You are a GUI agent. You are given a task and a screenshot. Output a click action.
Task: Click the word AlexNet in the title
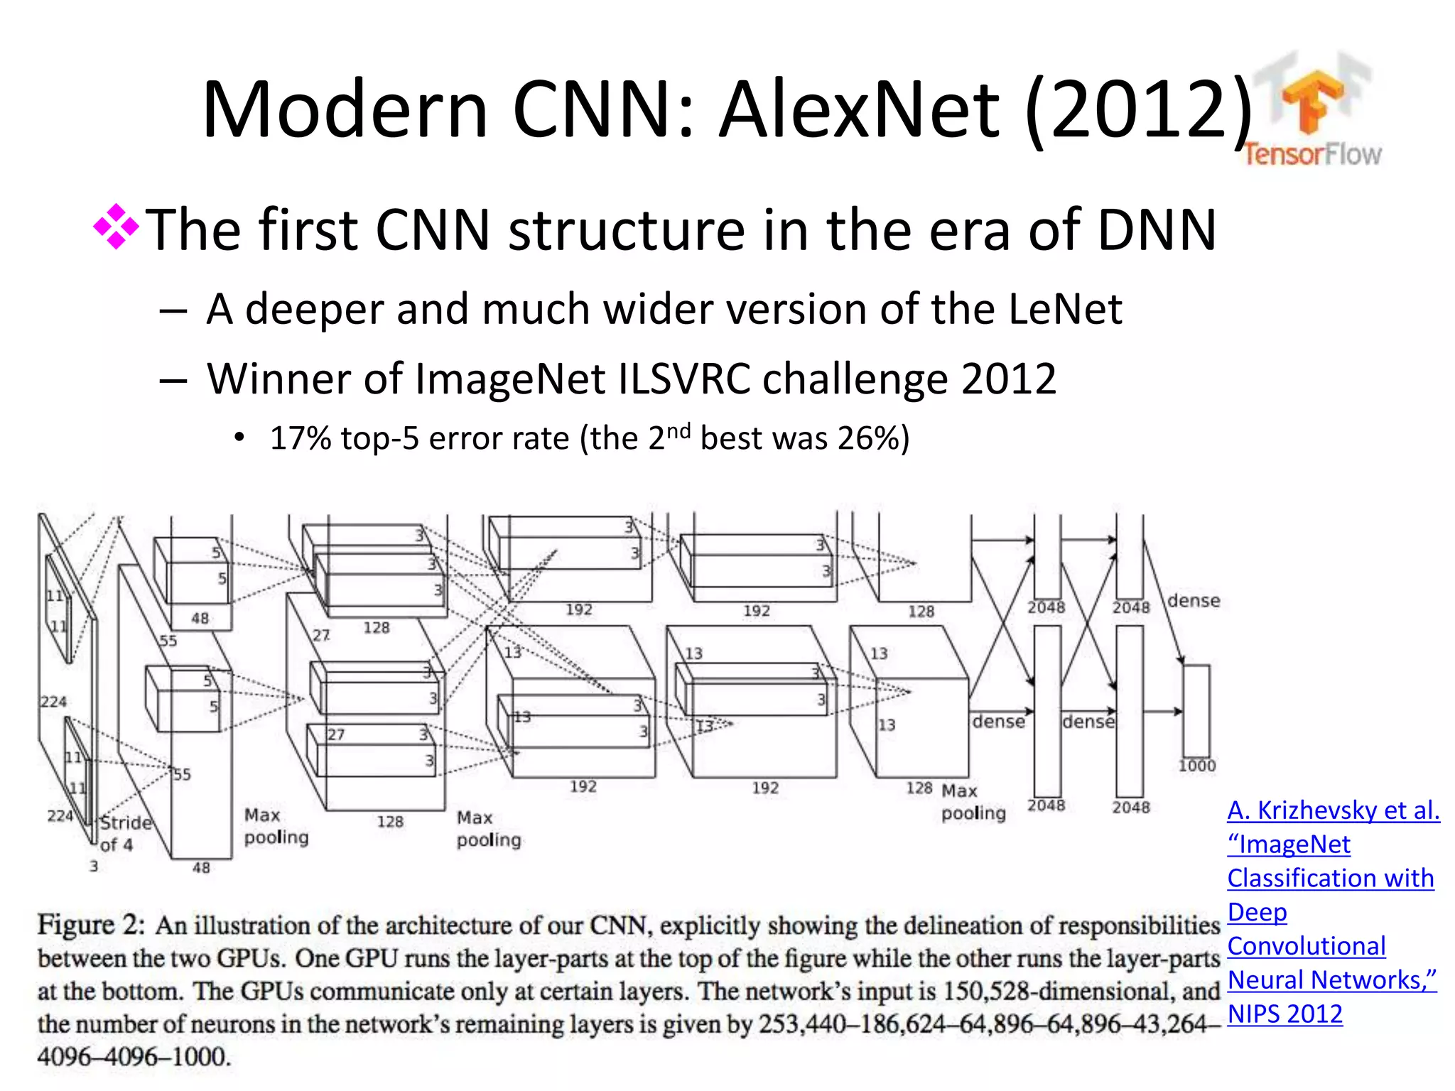click(x=860, y=110)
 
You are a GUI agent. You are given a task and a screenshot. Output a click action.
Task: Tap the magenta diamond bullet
click(x=116, y=227)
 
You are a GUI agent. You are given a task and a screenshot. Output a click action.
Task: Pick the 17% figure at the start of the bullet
click(x=301, y=438)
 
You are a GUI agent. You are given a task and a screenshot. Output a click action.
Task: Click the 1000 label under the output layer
click(x=1197, y=766)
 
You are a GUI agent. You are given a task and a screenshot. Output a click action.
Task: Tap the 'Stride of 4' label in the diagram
click(x=125, y=833)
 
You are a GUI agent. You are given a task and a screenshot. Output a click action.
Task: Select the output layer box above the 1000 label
click(x=1196, y=710)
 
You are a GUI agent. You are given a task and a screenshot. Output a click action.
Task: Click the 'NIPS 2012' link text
click(x=1284, y=1014)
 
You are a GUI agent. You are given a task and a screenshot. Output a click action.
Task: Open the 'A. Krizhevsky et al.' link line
click(x=1333, y=810)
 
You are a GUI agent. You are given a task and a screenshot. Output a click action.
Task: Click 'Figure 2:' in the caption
click(x=91, y=925)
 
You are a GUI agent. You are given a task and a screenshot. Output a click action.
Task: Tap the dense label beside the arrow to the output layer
click(x=1194, y=601)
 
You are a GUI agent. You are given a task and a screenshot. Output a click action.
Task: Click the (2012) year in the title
click(x=1139, y=110)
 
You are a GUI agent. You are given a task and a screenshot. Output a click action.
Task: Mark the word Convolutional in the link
click(x=1306, y=946)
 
